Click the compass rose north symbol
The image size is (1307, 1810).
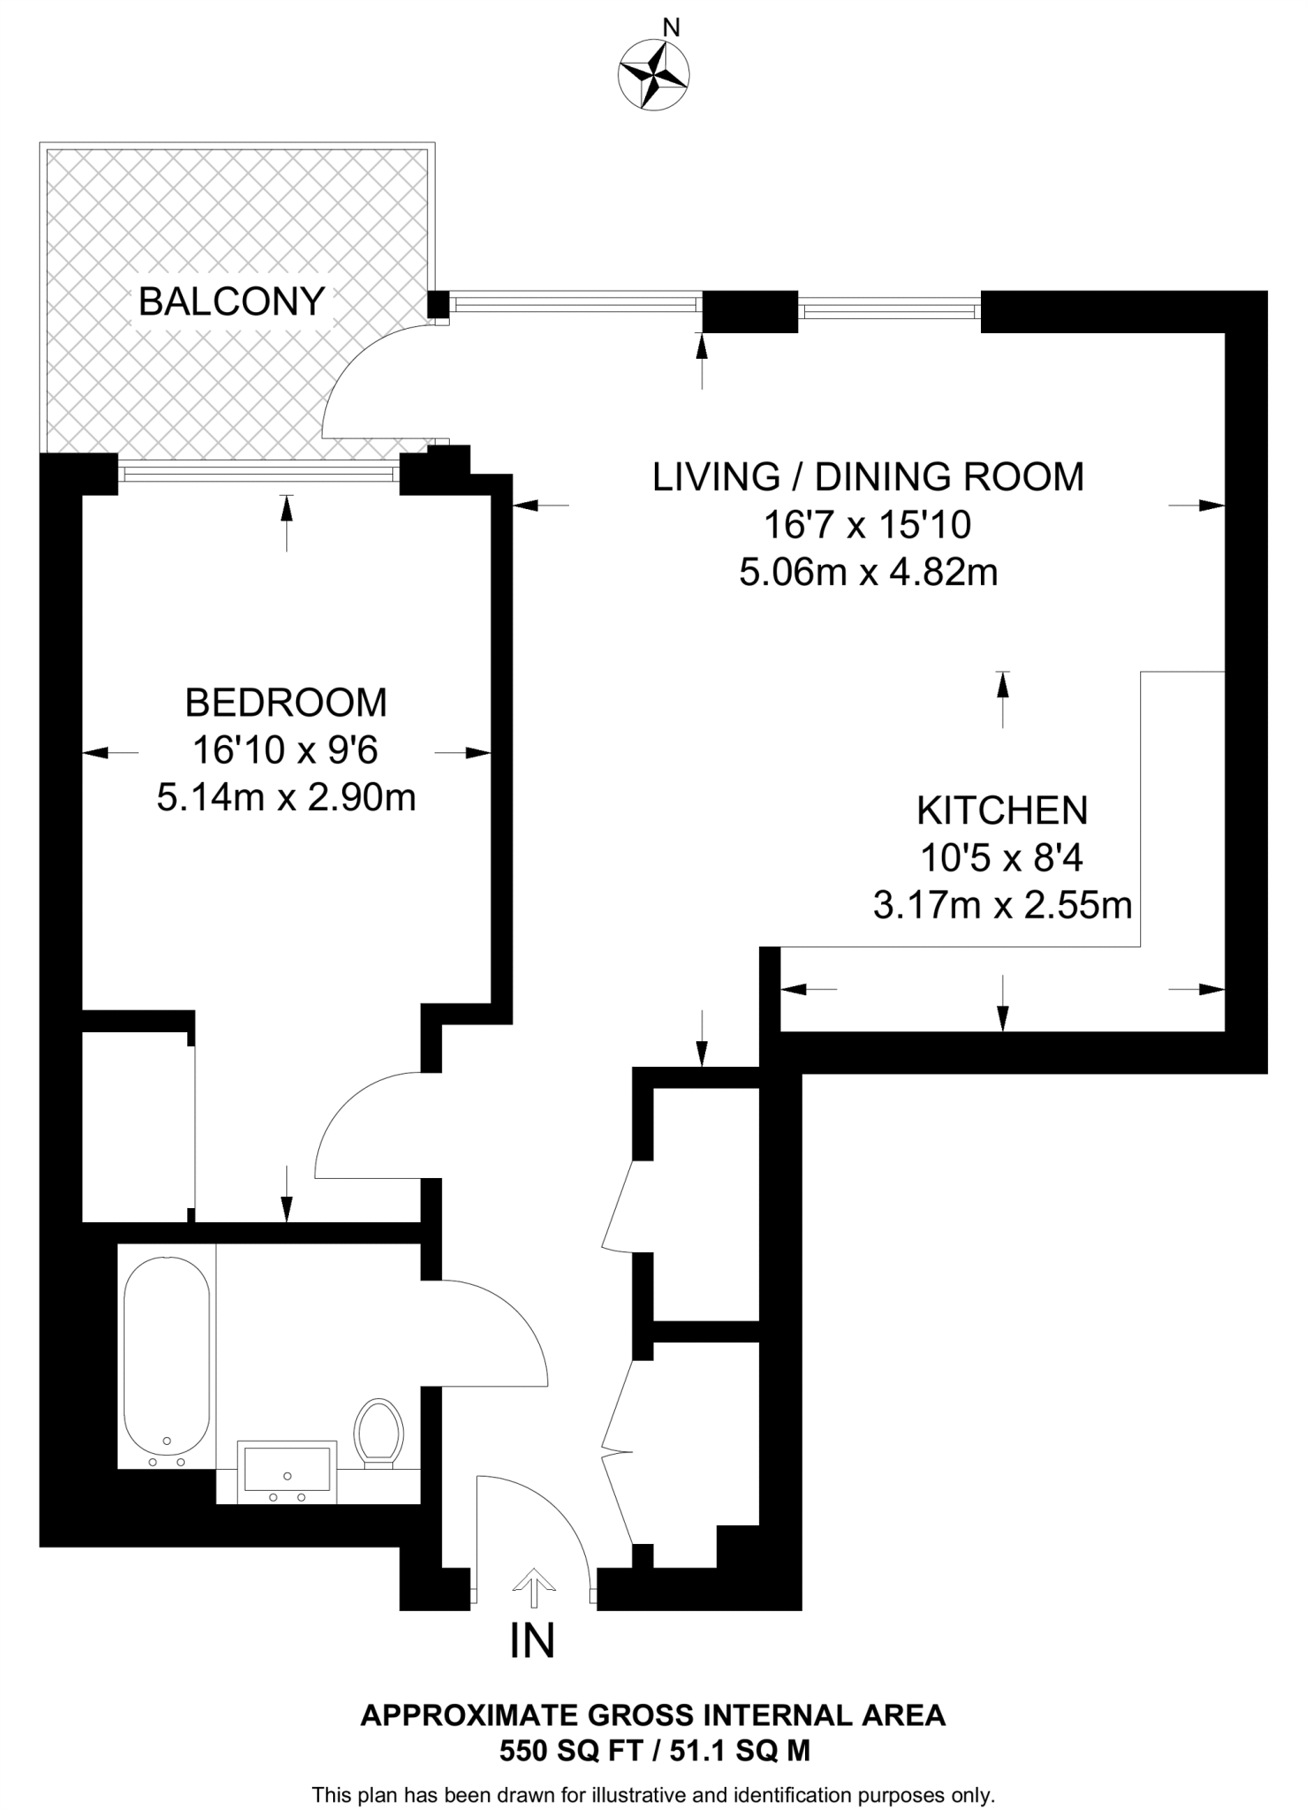654,76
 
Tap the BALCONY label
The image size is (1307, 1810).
232,302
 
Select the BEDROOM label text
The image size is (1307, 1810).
286,703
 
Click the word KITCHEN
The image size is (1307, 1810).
1002,810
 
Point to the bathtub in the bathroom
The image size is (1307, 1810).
167,1362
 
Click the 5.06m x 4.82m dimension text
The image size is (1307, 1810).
869,573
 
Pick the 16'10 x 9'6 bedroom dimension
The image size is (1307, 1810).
285,750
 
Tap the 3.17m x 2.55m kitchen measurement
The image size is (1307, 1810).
1003,906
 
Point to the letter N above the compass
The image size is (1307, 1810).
672,28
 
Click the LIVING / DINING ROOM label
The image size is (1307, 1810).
868,477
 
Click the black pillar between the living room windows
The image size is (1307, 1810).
750,312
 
